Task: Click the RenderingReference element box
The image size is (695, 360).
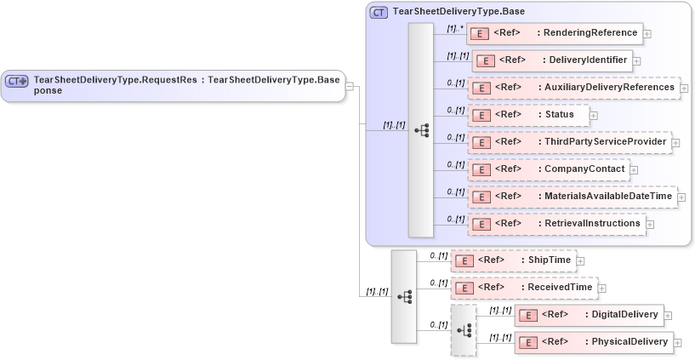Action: click(554, 33)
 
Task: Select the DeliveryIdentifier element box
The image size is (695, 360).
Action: click(551, 60)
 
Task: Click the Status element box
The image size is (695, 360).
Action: click(527, 115)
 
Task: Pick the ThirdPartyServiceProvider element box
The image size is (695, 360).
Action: click(569, 142)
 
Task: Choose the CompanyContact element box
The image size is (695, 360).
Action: click(549, 169)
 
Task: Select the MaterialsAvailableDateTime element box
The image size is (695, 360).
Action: click(573, 197)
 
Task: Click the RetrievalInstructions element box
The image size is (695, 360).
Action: click(555, 224)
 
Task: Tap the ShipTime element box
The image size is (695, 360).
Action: click(513, 260)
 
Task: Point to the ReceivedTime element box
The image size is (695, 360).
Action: click(522, 288)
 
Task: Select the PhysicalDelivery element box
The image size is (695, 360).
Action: click(593, 342)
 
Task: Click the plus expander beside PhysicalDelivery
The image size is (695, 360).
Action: click(678, 344)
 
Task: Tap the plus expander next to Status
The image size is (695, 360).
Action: click(593, 116)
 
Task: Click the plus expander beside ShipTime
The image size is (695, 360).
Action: click(581, 261)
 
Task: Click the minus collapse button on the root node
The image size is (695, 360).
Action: click(350, 86)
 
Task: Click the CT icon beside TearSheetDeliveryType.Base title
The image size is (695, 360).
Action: click(379, 12)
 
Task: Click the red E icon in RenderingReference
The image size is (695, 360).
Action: click(480, 33)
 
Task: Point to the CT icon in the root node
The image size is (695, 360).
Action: click(17, 81)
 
